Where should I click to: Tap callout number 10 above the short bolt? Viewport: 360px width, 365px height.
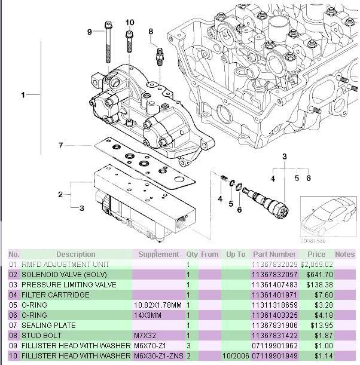(129, 23)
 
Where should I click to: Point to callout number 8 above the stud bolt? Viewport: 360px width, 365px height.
(151, 31)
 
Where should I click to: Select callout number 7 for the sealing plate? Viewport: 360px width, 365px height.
(60, 145)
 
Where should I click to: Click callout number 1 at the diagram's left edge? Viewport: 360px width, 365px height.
(23, 95)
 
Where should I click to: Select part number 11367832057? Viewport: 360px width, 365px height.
(274, 274)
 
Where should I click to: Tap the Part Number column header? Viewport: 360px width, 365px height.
(274, 254)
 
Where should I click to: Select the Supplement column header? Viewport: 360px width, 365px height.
(158, 254)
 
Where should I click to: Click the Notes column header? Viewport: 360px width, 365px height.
(344, 254)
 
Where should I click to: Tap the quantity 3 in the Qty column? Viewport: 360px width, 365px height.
(188, 346)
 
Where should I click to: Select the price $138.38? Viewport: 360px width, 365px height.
(317, 284)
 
